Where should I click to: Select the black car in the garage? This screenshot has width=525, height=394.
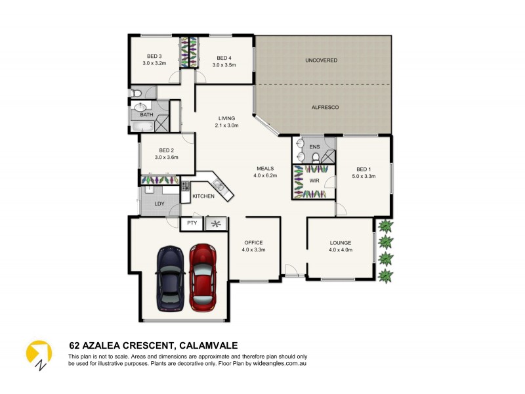pyautogui.click(x=169, y=278)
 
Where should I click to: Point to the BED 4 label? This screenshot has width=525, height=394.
pyautogui.click(x=224, y=57)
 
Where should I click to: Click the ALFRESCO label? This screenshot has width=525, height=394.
pyautogui.click(x=325, y=107)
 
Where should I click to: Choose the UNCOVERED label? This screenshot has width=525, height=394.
pyautogui.click(x=321, y=60)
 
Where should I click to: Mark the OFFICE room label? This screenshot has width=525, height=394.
pyautogui.click(x=253, y=242)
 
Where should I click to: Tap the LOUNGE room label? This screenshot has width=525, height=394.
pyautogui.click(x=341, y=242)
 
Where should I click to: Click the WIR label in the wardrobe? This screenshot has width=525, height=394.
pyautogui.click(x=314, y=178)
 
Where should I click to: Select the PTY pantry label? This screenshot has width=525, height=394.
pyautogui.click(x=192, y=223)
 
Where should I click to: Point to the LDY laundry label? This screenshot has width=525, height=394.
pyautogui.click(x=159, y=204)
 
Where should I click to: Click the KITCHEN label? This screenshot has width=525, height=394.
pyautogui.click(x=203, y=196)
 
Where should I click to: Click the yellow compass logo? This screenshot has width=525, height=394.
pyautogui.click(x=39, y=354)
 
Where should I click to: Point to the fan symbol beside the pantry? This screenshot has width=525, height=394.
pyautogui.click(x=216, y=223)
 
